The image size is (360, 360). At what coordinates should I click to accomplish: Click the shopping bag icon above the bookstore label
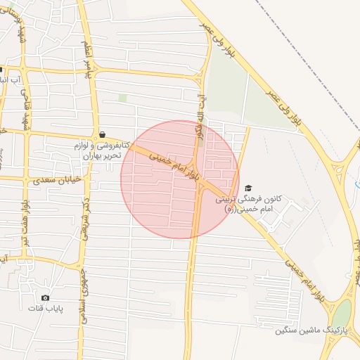[x=103, y=134]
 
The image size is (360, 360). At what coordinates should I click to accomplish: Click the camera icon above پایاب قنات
[x=46, y=298]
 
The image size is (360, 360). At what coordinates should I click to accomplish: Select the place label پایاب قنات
[x=45, y=309]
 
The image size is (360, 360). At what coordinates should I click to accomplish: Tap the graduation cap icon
[x=248, y=188]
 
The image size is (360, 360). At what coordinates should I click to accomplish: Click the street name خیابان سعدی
[x=53, y=181]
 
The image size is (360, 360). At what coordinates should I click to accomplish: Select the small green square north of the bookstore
[x=122, y=97]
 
